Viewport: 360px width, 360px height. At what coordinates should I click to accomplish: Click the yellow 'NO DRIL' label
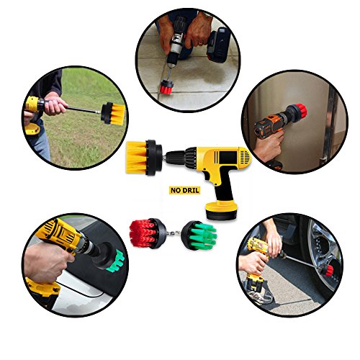pos(184,190)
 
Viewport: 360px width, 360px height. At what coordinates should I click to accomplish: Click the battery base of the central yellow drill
pos(221,210)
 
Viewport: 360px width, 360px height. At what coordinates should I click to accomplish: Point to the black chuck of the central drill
pos(176,158)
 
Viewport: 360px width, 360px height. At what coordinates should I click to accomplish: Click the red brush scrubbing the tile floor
pos(166,87)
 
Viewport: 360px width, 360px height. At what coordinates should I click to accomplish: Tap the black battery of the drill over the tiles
pos(218,45)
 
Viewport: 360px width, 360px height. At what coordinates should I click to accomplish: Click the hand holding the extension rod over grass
pos(55,104)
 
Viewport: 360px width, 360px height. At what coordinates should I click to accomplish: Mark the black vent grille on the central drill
pos(245,157)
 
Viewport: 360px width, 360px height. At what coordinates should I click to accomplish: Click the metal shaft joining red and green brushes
pos(174,233)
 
